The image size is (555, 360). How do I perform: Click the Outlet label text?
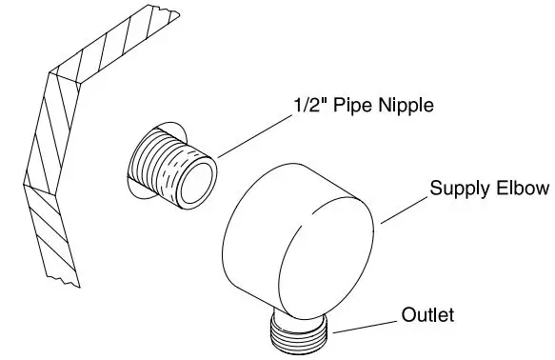427,313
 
